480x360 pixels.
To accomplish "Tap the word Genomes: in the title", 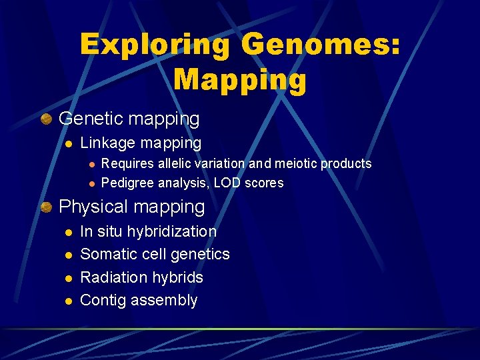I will (x=321, y=45).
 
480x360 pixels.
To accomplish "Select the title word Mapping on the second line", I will (x=240, y=79).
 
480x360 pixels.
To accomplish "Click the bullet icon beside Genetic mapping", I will (x=46, y=119).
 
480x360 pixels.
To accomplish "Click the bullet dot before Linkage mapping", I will (x=67, y=143).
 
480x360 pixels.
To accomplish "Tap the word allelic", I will (x=175, y=163).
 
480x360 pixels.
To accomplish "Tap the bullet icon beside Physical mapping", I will (x=46, y=207).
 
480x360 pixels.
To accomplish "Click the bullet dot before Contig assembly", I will (x=67, y=301).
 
